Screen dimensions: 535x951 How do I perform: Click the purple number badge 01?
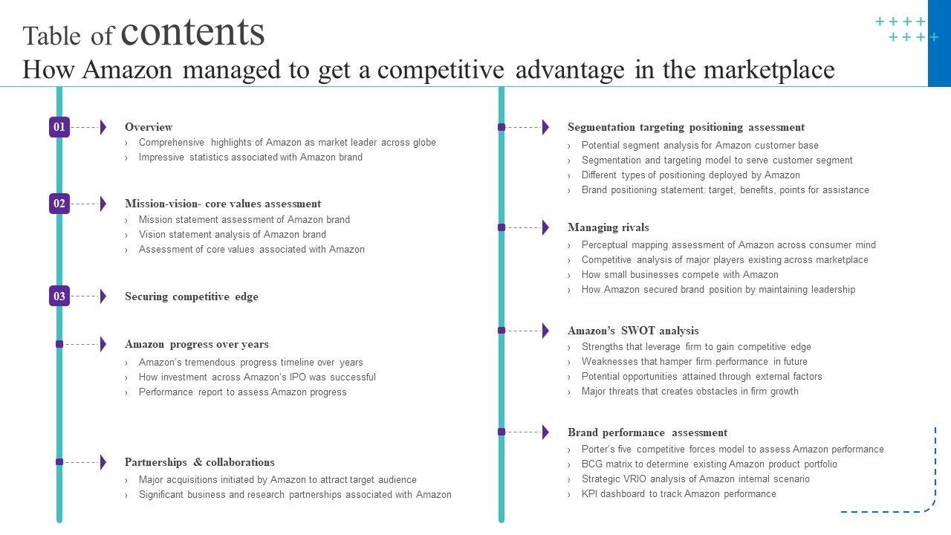59,127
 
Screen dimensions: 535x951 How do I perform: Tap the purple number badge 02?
59,204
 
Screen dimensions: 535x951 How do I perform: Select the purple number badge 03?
59,296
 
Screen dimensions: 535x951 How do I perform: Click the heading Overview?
149,127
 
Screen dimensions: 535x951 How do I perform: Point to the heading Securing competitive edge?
192,296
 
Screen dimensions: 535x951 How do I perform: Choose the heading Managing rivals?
608,227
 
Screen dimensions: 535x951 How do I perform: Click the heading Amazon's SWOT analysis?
633,331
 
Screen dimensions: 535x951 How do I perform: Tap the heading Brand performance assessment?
647,432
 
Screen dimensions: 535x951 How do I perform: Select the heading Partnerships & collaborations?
199,462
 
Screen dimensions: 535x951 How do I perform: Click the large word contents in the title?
192,32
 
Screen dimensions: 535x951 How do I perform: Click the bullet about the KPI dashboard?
678,494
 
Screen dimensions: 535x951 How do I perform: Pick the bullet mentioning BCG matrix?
709,464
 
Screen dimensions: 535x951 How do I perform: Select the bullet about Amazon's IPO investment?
257,377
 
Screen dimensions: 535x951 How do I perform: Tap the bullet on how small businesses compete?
680,275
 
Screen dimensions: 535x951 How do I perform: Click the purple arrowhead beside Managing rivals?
546,227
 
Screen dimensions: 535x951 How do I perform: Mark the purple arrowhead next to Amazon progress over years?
103,344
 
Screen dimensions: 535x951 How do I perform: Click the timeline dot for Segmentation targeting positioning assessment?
502,127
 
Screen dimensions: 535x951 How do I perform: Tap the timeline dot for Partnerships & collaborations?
59,462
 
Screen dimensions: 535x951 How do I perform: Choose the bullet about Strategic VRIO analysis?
695,479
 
